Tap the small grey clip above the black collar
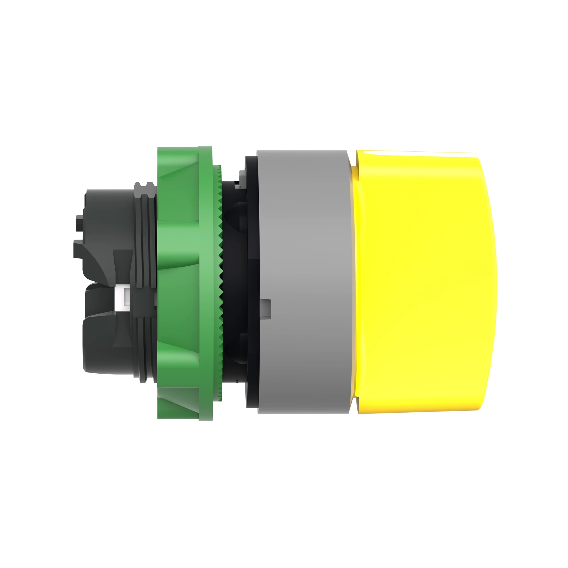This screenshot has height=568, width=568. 242,176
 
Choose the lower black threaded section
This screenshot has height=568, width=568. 144,347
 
